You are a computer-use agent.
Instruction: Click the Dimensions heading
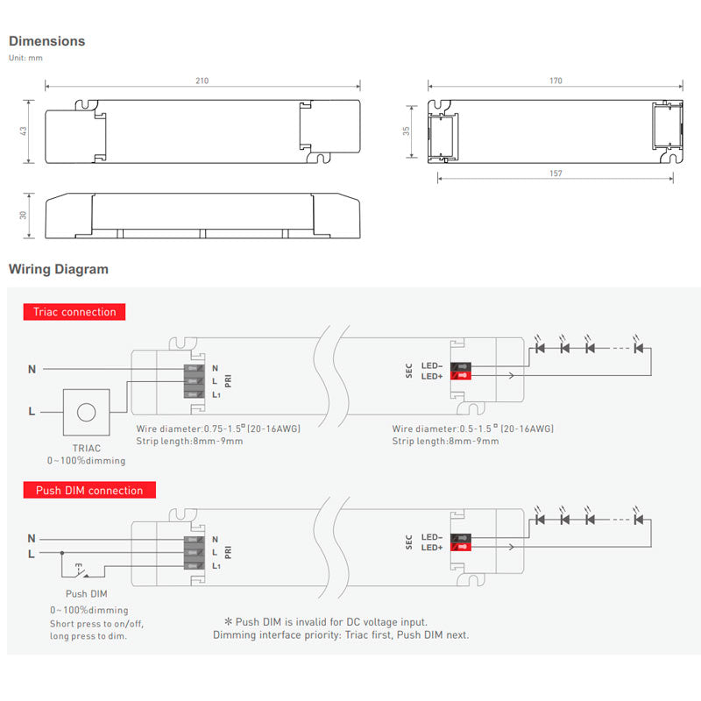(46, 41)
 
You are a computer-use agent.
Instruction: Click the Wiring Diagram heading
(58, 269)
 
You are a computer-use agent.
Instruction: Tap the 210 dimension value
(202, 81)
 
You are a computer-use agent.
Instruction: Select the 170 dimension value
(556, 81)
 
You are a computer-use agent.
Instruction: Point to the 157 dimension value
(556, 173)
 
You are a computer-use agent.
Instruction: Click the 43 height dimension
(24, 131)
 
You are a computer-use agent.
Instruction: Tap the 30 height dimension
(24, 216)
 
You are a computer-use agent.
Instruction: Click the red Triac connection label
(74, 312)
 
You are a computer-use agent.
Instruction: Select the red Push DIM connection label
(89, 491)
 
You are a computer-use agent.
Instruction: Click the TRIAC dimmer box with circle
(86, 412)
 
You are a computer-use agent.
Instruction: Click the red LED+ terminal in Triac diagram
(459, 377)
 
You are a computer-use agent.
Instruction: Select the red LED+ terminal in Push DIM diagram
(459, 548)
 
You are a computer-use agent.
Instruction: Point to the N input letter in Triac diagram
(32, 369)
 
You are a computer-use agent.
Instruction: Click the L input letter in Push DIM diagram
(32, 553)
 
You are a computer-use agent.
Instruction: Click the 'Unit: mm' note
(25, 58)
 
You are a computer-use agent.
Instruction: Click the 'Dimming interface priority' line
(340, 634)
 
